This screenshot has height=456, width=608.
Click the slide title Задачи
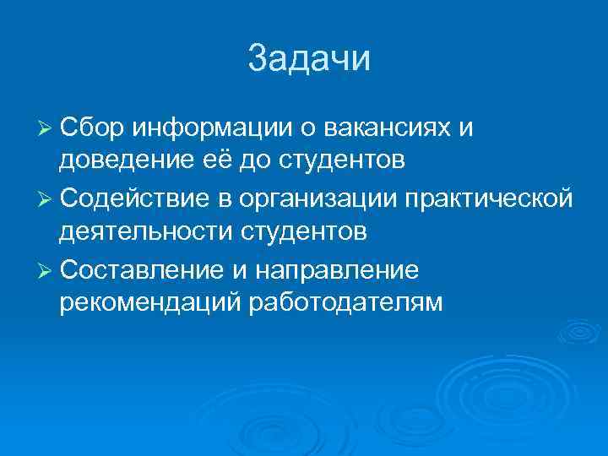point(310,59)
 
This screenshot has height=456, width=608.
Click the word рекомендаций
point(149,303)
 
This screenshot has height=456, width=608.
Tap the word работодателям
point(345,303)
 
